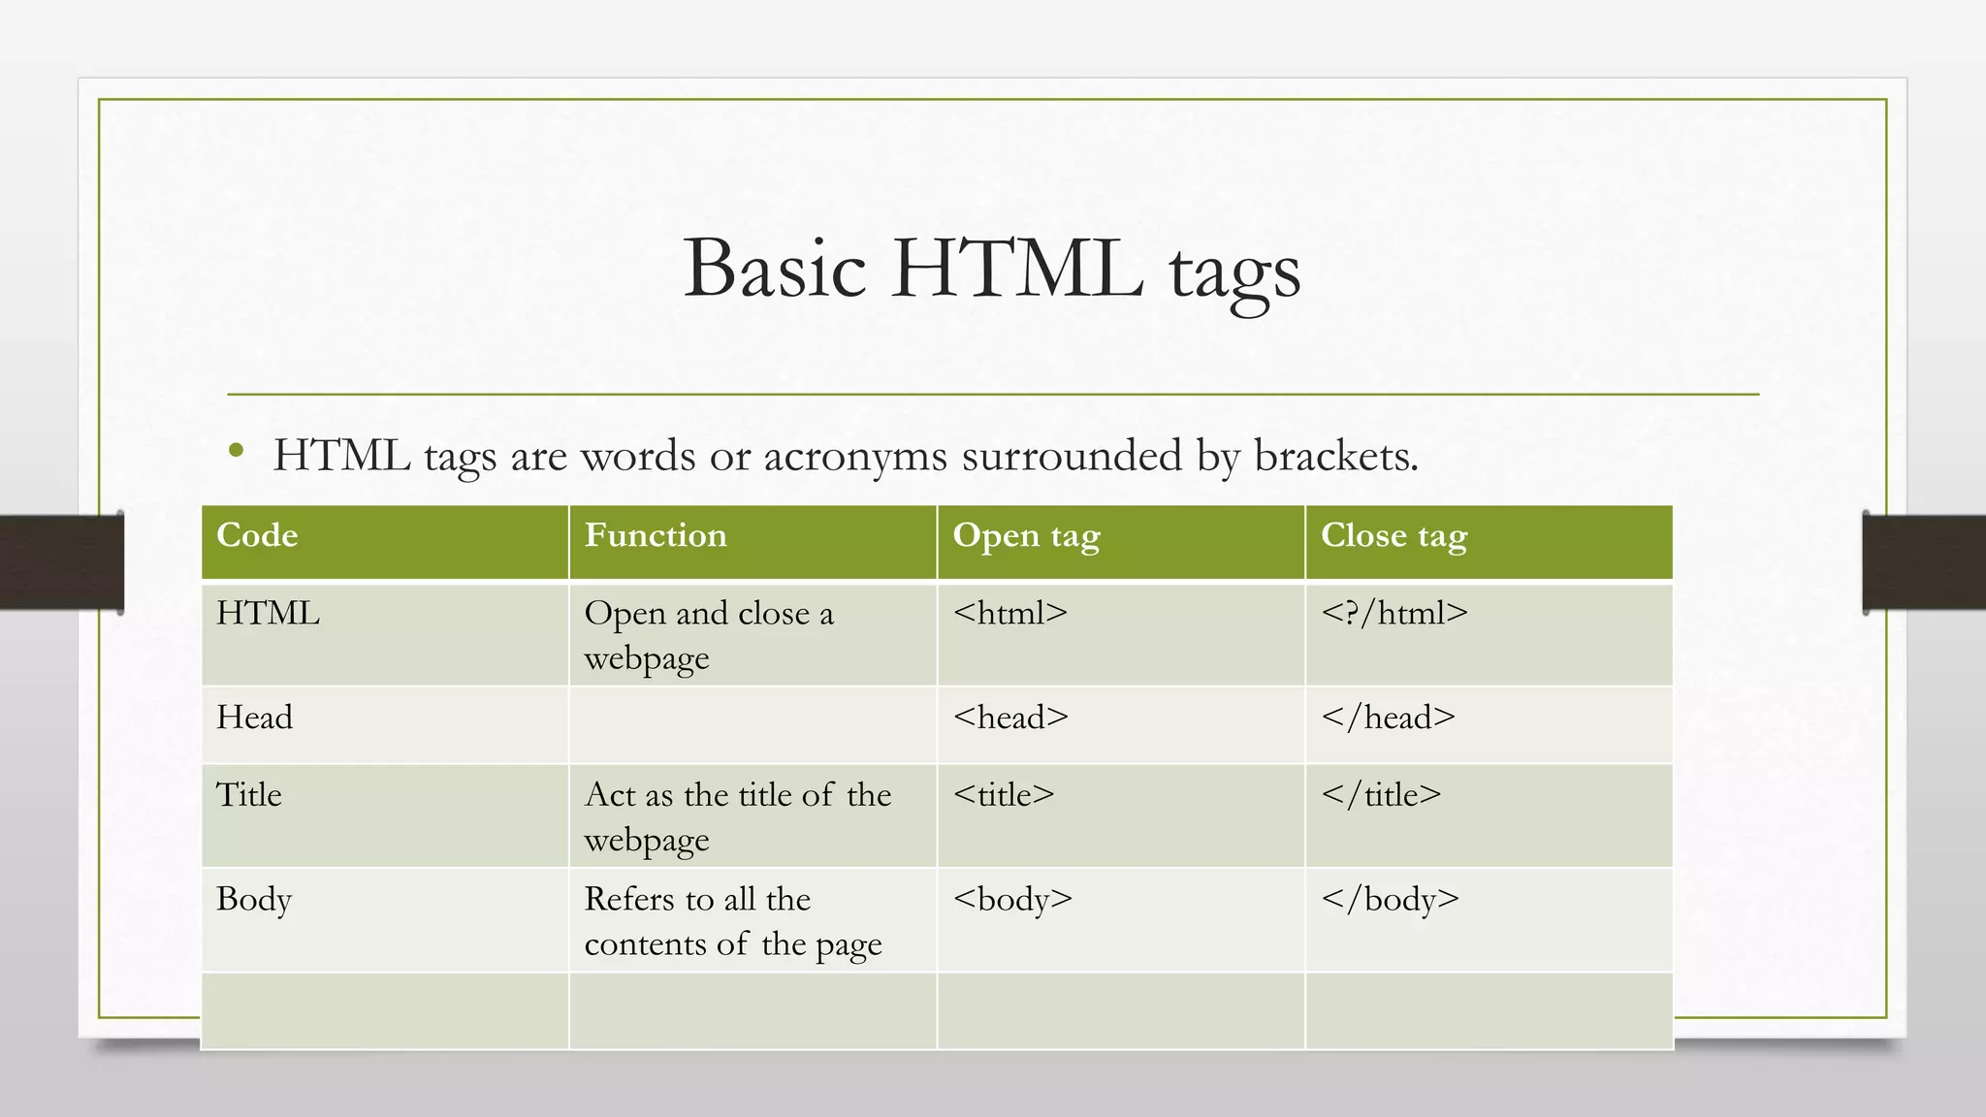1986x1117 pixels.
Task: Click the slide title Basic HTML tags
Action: click(x=991, y=269)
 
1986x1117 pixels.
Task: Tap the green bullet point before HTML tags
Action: click(x=236, y=450)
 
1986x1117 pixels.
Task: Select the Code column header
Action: click(x=257, y=535)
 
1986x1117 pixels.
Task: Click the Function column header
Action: click(x=656, y=535)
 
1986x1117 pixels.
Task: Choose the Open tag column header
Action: click(x=1026, y=536)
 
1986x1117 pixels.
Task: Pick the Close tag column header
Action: click(x=1393, y=536)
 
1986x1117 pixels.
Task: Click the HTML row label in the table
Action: click(x=268, y=614)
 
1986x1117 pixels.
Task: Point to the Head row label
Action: click(x=254, y=718)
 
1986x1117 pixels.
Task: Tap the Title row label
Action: click(x=249, y=795)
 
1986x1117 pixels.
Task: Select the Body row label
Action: click(x=254, y=900)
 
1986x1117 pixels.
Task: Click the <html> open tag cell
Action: click(x=1009, y=614)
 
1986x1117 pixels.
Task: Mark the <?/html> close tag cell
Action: click(x=1393, y=614)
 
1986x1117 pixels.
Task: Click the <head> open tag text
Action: click(x=1010, y=718)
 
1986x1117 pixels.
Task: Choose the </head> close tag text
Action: click(x=1388, y=718)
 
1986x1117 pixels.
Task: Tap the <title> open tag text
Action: click(x=1004, y=795)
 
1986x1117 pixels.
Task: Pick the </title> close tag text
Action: click(x=1381, y=795)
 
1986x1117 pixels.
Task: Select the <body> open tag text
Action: click(x=1012, y=900)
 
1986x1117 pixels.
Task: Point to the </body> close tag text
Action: click(x=1390, y=900)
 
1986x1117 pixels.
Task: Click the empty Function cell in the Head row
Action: click(x=753, y=724)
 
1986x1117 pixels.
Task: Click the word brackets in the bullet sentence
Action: click(x=1335, y=456)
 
